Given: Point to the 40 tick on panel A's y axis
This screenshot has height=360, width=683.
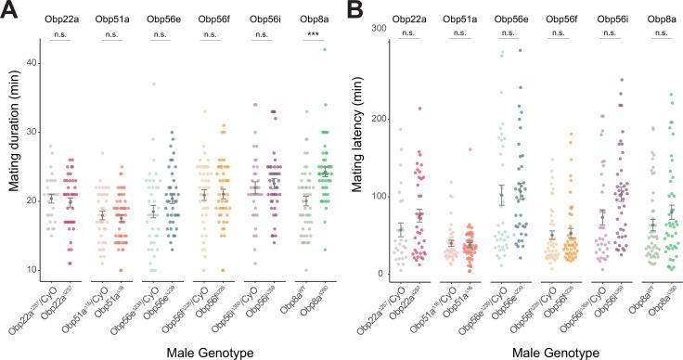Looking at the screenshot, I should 31,63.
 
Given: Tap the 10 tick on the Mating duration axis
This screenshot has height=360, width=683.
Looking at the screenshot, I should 31,269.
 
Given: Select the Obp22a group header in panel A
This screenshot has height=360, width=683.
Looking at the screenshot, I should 65,19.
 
